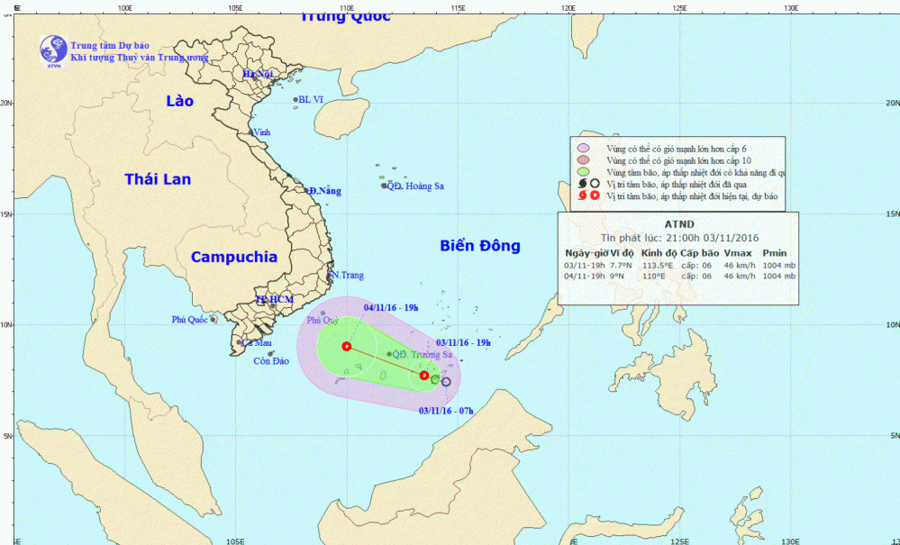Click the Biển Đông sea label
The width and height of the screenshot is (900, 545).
(480, 246)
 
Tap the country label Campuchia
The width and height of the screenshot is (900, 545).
(234, 257)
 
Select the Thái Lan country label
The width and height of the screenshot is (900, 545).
(158, 179)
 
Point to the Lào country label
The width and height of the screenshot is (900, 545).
(179, 101)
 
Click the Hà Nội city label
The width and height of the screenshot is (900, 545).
(258, 75)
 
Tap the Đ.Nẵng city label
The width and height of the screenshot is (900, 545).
(325, 191)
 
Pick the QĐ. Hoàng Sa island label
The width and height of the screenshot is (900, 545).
(416, 186)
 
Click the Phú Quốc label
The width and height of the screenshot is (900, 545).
(190, 320)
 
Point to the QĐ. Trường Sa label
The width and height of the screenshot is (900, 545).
(420, 355)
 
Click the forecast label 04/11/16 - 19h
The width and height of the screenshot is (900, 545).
(390, 307)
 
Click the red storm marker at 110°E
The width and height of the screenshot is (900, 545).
(346, 346)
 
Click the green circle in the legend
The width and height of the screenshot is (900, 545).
(584, 171)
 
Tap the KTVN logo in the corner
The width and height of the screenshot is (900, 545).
(53, 51)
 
